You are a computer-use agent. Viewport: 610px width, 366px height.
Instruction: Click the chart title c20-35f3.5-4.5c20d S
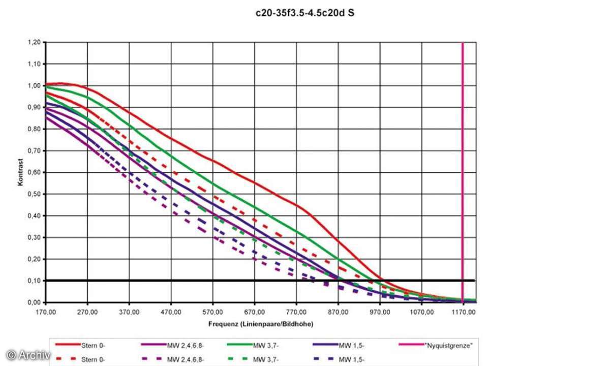click(x=304, y=13)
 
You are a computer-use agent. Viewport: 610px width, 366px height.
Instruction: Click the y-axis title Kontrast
click(x=21, y=172)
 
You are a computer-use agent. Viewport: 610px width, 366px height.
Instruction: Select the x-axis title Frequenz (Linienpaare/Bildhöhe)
click(x=260, y=323)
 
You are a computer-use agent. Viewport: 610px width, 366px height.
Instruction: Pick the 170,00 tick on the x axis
click(x=46, y=311)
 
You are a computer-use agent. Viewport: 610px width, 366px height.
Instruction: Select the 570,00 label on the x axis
click(x=212, y=311)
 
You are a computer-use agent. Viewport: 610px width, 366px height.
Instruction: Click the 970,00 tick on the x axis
click(x=380, y=311)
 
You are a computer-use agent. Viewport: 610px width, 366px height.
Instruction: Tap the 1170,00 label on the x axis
click(x=463, y=311)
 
